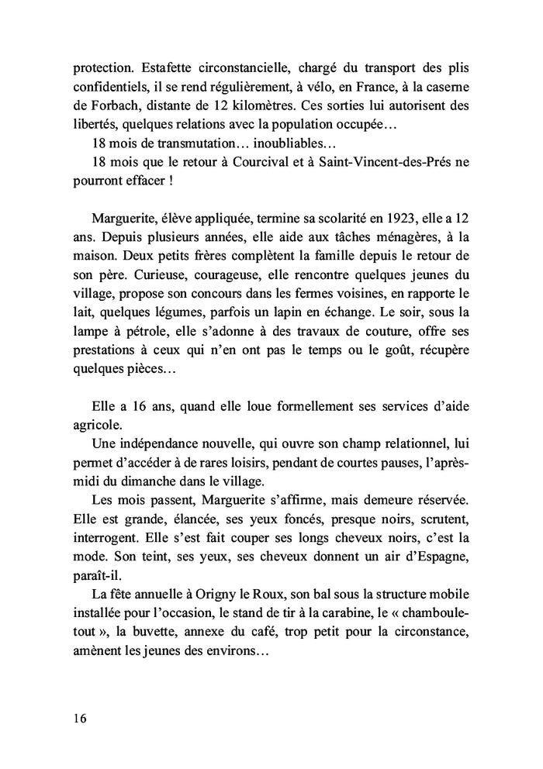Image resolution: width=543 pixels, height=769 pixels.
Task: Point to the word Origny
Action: point(216,598)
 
